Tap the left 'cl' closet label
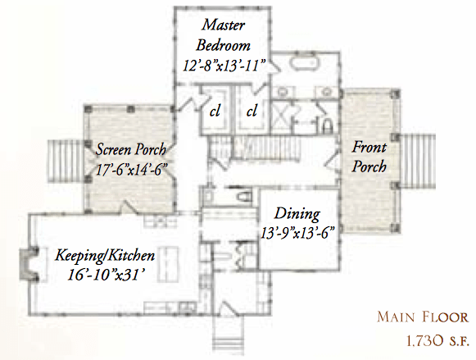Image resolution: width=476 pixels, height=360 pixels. tap(215, 110)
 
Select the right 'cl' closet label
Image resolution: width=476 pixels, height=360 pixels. tap(252, 110)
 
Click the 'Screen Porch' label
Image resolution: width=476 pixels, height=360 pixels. tap(131, 150)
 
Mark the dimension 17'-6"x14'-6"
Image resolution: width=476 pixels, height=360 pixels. tap(131, 171)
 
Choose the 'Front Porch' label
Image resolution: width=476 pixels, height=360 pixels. tap(369, 157)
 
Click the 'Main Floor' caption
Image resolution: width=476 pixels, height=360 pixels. tap(424, 317)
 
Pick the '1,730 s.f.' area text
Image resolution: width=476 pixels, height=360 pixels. tap(428, 339)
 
